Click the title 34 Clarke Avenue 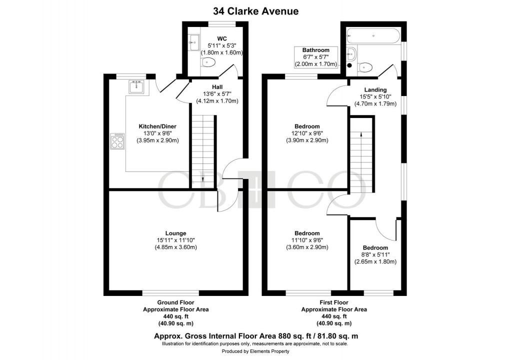pos(255,11)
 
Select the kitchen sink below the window pos(136,87)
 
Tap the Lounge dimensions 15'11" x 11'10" pos(176,240)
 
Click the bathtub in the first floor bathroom pos(373,36)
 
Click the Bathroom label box pos(315,57)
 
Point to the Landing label pos(375,90)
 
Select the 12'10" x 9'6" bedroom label pos(307,133)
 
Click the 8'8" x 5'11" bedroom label pos(375,254)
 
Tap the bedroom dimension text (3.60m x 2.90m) pos(307,247)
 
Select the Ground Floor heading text pos(175,302)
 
